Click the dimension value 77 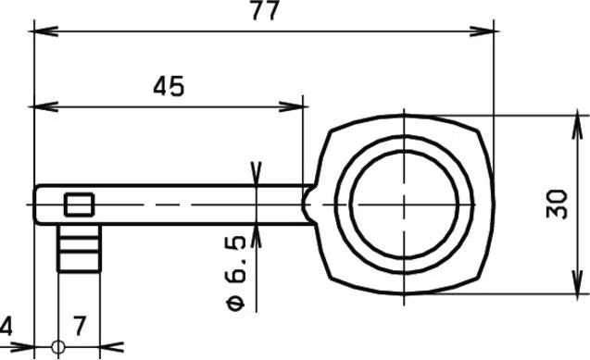click(265, 10)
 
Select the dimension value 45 click(169, 87)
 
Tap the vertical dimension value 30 click(557, 205)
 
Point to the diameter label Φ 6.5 click(236, 274)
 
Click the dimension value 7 click(80, 326)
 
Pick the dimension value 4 click(6, 326)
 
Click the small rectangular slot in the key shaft click(79, 205)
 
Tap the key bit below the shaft click(80, 248)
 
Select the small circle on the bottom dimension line click(58, 347)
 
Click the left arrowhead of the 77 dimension click(46, 31)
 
